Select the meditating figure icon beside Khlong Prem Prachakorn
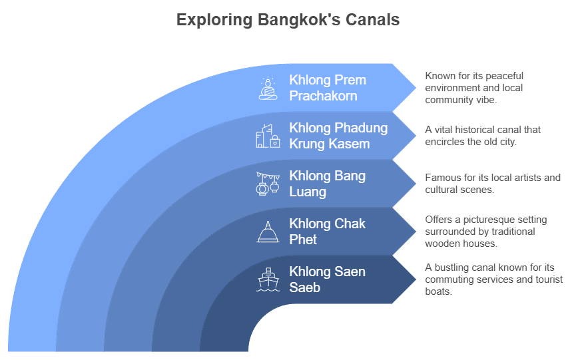[268, 88]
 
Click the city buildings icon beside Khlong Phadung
[268, 136]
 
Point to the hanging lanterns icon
[268, 184]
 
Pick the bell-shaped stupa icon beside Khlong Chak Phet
[268, 232]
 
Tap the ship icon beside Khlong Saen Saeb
[268, 279]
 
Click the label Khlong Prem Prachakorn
[328, 88]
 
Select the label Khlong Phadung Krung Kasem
[338, 136]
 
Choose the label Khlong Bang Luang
[328, 184]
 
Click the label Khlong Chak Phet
[328, 232]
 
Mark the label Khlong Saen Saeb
[328, 279]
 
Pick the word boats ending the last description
[438, 291]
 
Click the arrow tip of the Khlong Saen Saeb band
[416, 279]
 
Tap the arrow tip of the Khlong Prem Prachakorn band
[416, 88]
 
